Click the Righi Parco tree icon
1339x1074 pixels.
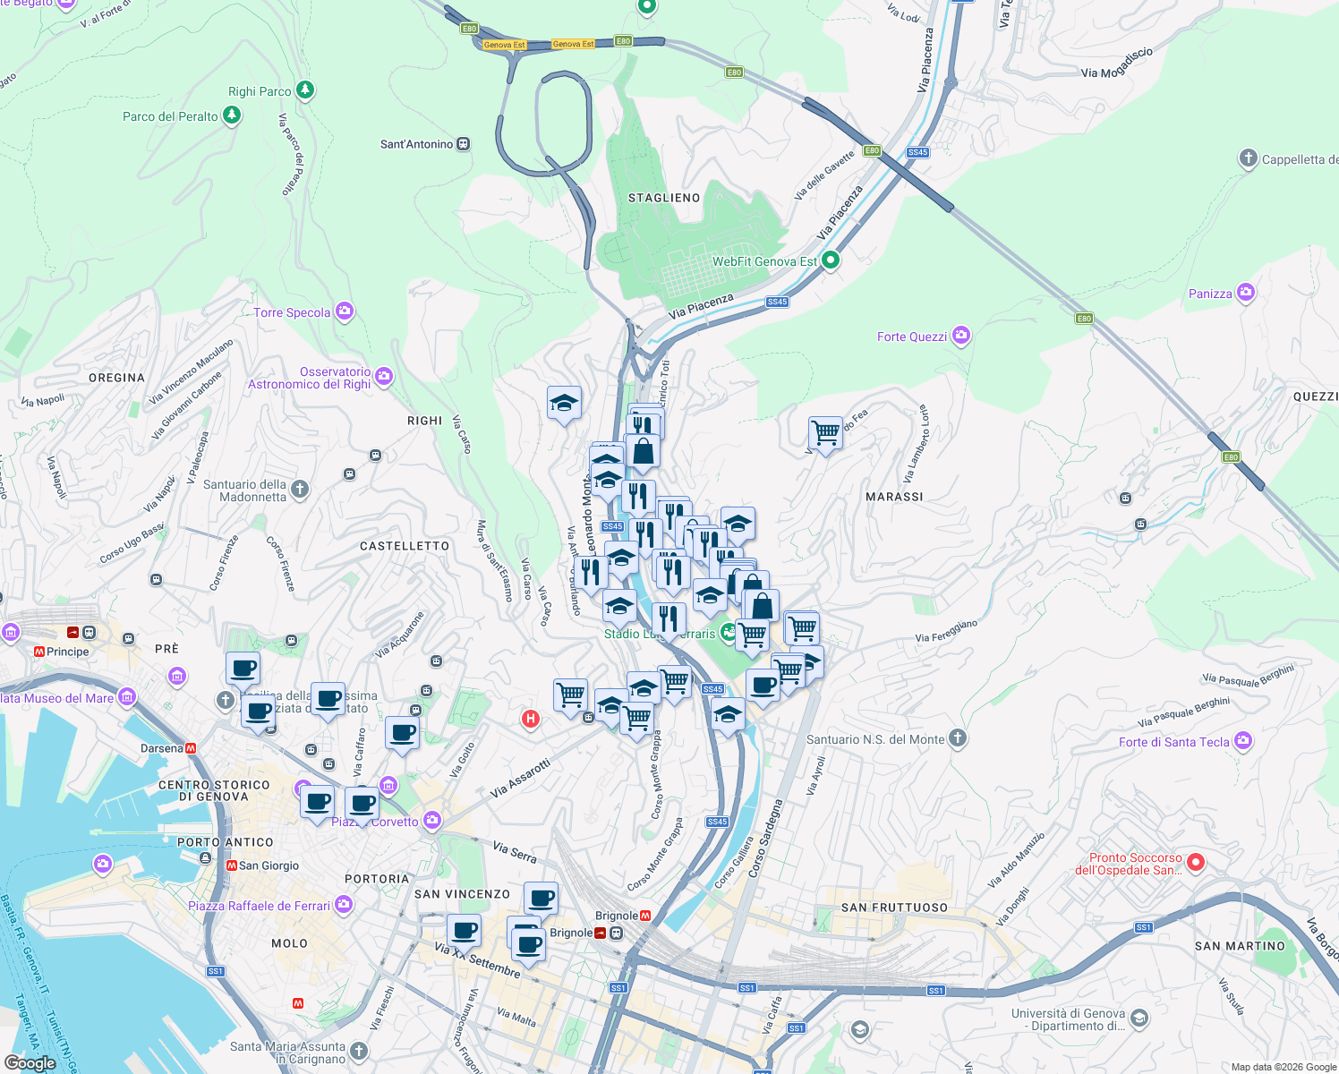tap(305, 90)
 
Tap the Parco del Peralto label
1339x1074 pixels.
tap(170, 116)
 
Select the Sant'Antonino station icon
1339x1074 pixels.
tap(463, 144)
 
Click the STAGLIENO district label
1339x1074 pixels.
tap(664, 198)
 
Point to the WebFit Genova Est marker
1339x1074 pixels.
tap(830, 261)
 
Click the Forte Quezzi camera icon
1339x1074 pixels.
tap(961, 337)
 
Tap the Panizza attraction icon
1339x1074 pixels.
tap(1245, 294)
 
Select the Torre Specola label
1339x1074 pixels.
tap(292, 312)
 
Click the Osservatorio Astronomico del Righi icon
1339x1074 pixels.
tap(384, 377)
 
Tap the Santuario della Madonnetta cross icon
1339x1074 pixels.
tap(300, 489)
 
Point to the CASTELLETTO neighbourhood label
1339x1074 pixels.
tap(405, 546)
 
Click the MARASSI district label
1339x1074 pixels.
tap(894, 497)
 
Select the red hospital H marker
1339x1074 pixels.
tap(531, 719)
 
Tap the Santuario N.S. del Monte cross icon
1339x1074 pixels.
tap(958, 738)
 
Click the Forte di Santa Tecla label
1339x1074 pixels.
tap(1173, 742)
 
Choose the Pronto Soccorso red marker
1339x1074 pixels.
tap(1196, 863)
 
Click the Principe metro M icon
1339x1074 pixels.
tap(39, 652)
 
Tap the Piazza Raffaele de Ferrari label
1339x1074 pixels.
tap(259, 906)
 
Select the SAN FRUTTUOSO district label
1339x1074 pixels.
tap(894, 908)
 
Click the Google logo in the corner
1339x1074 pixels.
tap(30, 1062)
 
